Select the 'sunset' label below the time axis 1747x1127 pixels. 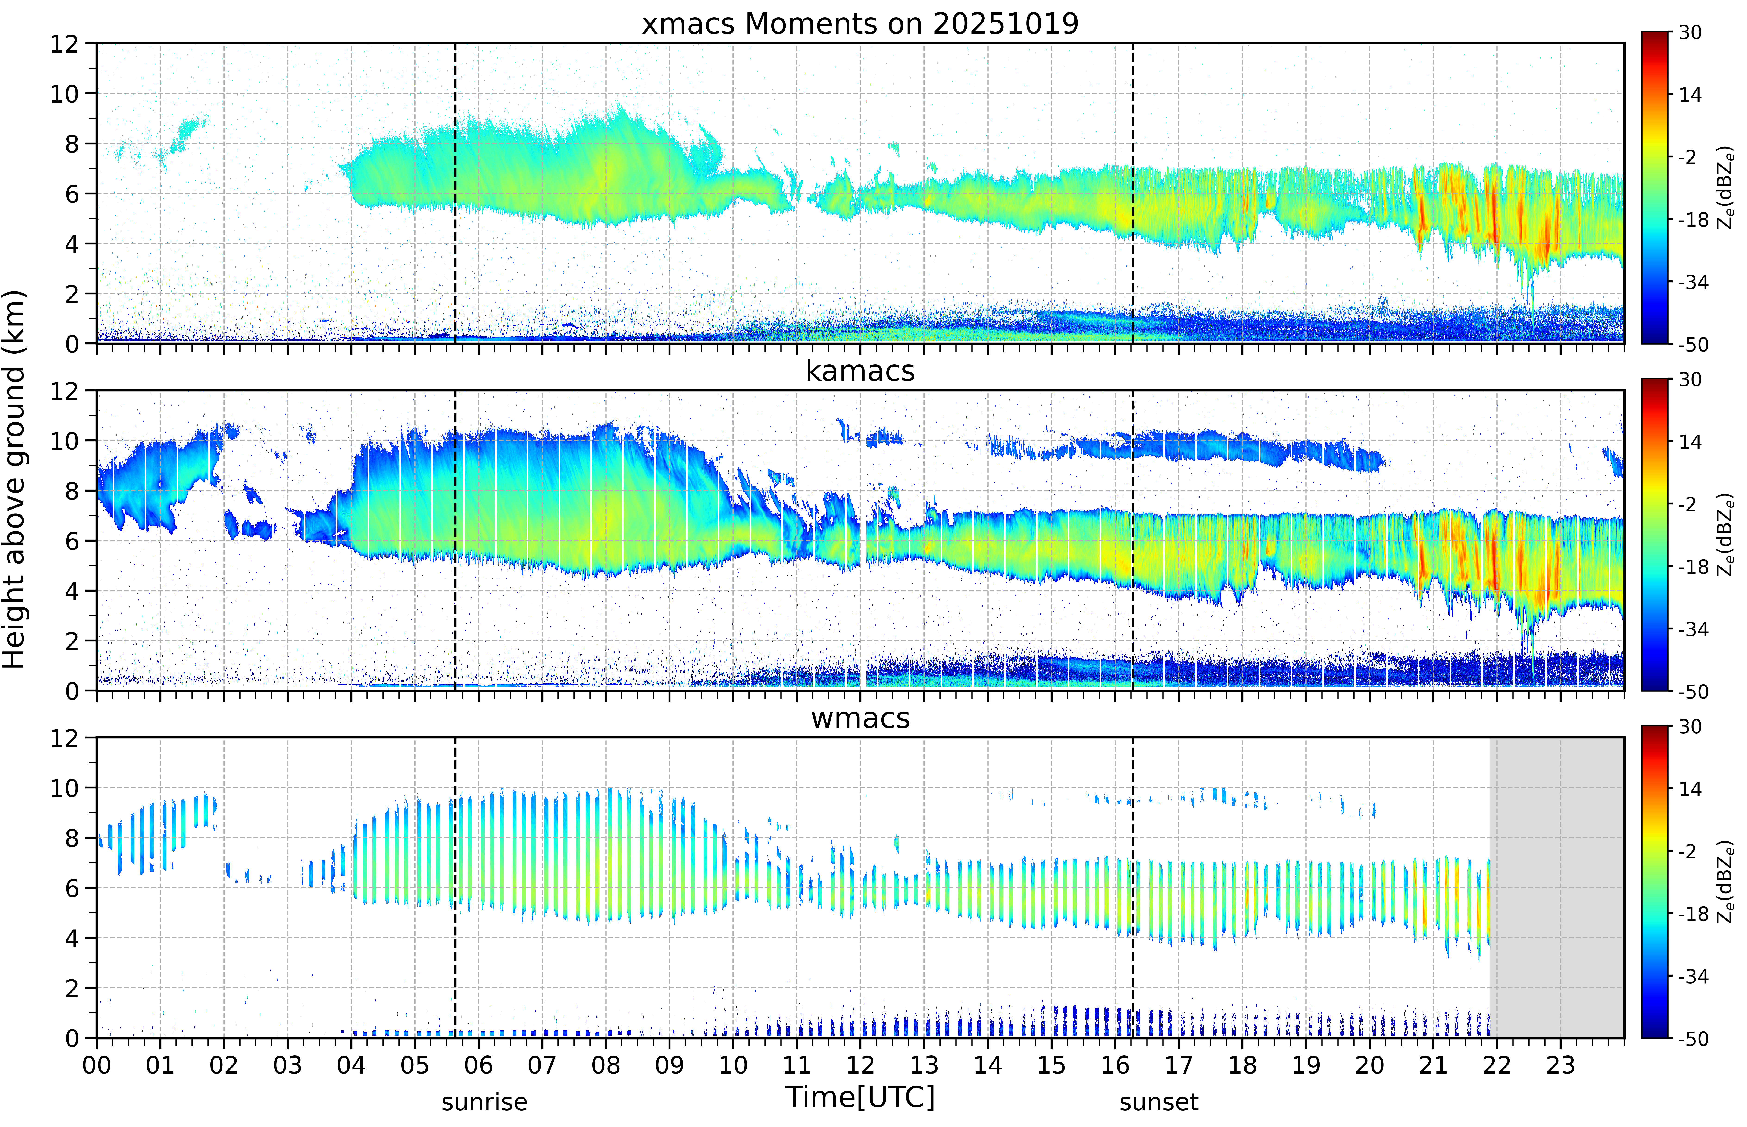tap(1159, 1101)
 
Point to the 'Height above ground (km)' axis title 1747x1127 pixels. tap(15, 479)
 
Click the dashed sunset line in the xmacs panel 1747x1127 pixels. tap(1133, 193)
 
